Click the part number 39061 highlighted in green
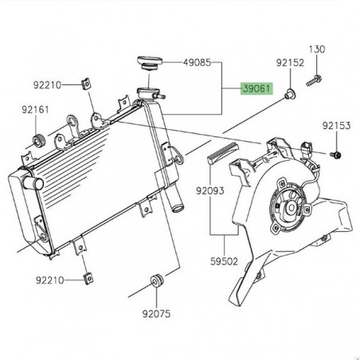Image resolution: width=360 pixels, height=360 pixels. point(256,92)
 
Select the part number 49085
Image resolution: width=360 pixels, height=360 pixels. point(198,61)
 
